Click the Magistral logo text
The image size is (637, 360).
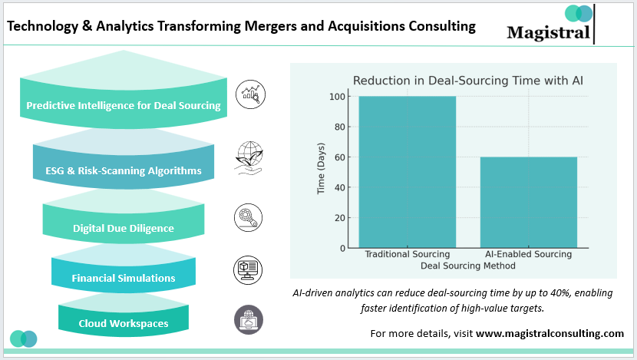point(549,32)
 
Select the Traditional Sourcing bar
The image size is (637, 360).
point(408,172)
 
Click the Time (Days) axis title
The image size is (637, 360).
point(322,172)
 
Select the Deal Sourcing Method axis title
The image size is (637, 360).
point(468,266)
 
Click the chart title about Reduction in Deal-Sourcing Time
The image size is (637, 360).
point(468,81)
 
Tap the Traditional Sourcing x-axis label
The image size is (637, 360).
point(408,254)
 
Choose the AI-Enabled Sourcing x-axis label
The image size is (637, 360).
point(529,254)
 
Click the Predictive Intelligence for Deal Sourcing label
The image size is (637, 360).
point(124,106)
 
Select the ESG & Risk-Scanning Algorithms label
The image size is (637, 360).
point(123,170)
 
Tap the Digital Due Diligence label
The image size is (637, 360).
point(124,228)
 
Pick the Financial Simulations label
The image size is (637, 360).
point(124,278)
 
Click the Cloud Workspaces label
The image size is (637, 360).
point(124,323)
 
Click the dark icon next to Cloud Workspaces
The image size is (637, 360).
point(248,319)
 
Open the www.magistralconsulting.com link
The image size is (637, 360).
point(550,333)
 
